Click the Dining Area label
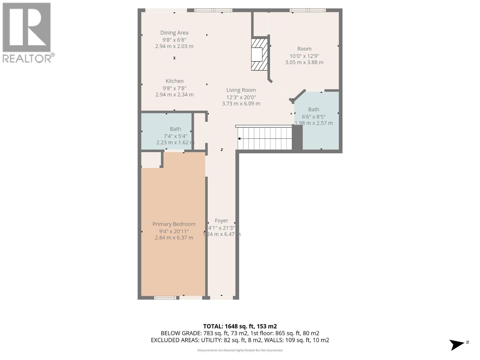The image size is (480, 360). pyautogui.click(x=174, y=33)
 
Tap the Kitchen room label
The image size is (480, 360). pyautogui.click(x=174, y=81)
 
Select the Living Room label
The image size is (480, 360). pyautogui.click(x=241, y=90)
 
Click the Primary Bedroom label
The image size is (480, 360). pyautogui.click(x=174, y=224)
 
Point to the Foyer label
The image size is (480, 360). pyautogui.click(x=221, y=221)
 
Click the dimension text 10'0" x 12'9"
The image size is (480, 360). pyautogui.click(x=304, y=56)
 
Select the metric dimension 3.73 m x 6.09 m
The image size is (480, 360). pyautogui.click(x=241, y=104)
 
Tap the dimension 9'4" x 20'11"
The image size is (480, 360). pyautogui.click(x=174, y=231)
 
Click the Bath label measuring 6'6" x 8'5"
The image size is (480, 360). pyautogui.click(x=313, y=109)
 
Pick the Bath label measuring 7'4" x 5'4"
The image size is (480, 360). pyautogui.click(x=175, y=129)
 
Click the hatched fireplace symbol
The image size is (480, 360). pyautogui.click(x=259, y=54)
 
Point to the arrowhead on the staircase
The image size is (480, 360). pyautogui.click(x=240, y=139)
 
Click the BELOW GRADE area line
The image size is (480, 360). pyautogui.click(x=240, y=333)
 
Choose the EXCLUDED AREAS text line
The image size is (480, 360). pyautogui.click(x=240, y=340)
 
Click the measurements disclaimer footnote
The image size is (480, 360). pyautogui.click(x=240, y=350)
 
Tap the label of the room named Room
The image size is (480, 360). pyautogui.click(x=304, y=49)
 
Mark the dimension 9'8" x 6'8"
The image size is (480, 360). pyautogui.click(x=174, y=40)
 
